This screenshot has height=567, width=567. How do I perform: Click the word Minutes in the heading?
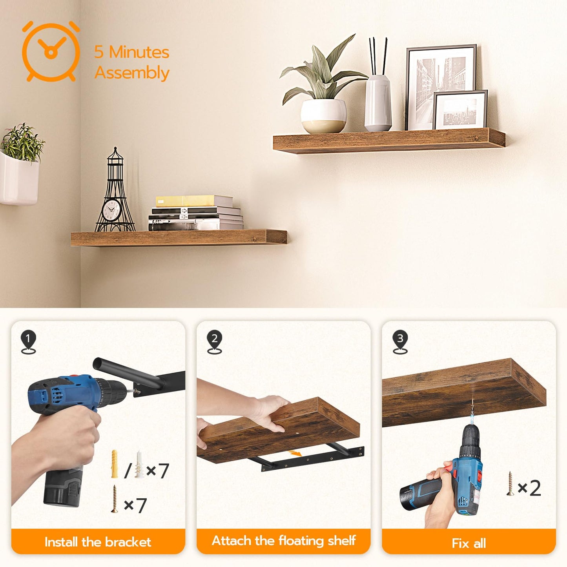click(139, 52)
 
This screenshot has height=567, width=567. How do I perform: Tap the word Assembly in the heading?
click(132, 73)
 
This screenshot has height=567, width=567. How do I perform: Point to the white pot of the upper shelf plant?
click(323, 116)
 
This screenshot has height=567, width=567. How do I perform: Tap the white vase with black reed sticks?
click(378, 102)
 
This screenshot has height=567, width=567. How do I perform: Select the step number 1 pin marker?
click(28, 341)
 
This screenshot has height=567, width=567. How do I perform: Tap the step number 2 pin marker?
click(214, 341)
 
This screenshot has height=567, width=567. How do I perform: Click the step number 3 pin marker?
click(400, 341)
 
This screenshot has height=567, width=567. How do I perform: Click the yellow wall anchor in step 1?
click(115, 464)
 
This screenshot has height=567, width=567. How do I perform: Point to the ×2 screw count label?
click(529, 488)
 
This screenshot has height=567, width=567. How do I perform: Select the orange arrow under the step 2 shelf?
click(295, 453)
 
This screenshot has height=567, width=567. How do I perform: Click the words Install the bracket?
click(98, 542)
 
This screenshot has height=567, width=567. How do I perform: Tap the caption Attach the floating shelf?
click(284, 541)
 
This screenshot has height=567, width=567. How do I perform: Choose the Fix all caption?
click(469, 543)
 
